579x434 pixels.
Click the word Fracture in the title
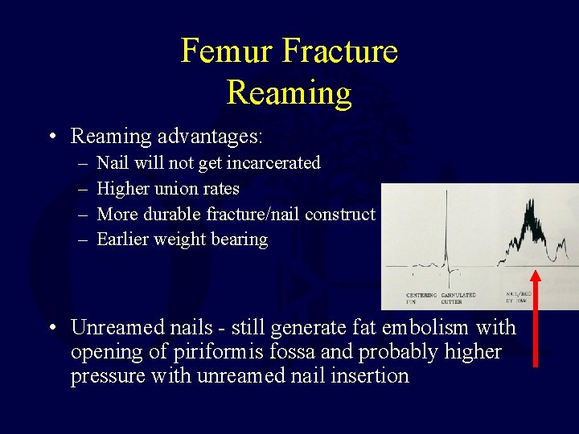coord(340,51)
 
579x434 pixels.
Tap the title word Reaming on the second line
coord(289,92)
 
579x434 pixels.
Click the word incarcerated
coord(273,163)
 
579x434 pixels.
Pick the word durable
coord(174,214)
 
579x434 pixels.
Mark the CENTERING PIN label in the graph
coord(421,298)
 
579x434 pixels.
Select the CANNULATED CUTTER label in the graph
coord(458,298)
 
